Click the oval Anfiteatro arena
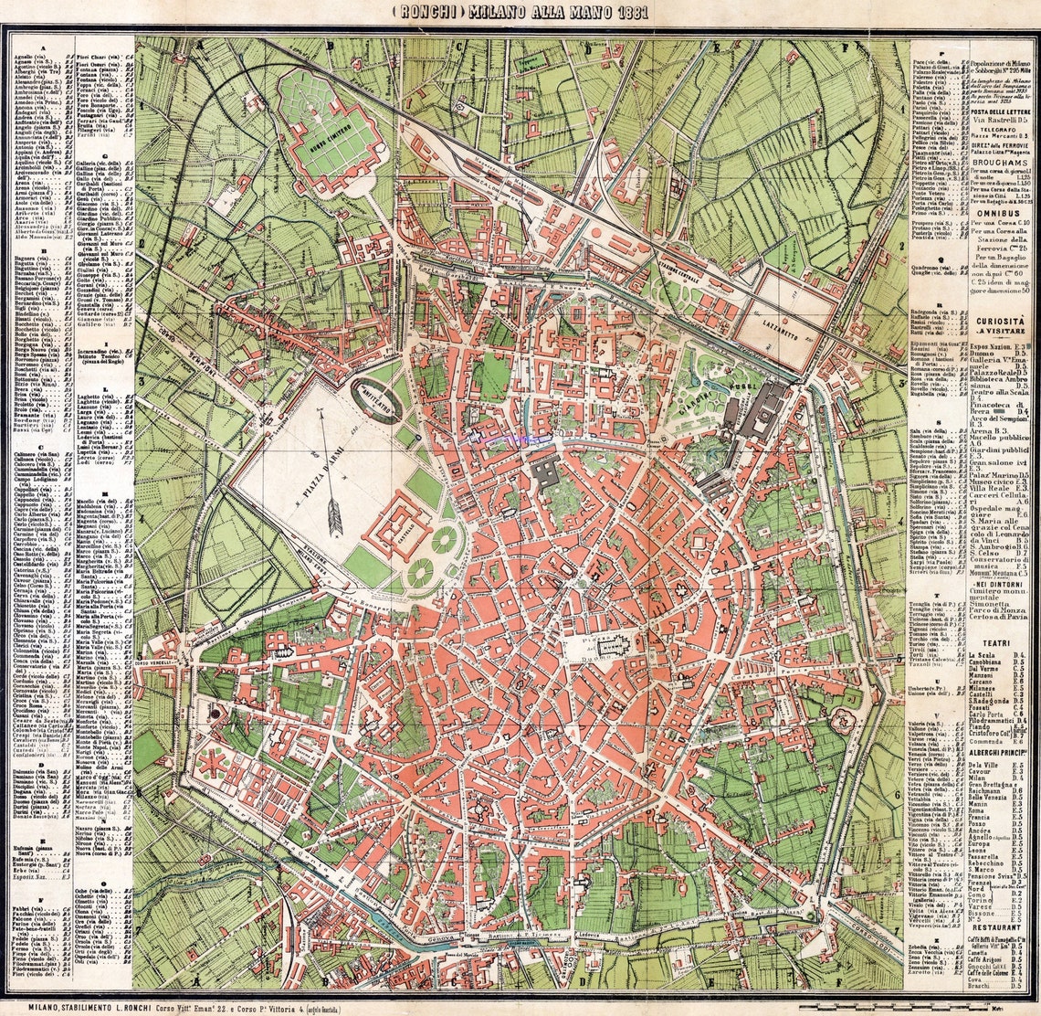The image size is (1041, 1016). [376, 399]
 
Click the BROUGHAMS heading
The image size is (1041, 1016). [972, 156]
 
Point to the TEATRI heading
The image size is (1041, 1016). [972, 643]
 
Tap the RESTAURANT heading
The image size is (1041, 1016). [972, 925]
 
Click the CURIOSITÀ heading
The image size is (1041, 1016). [972, 323]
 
